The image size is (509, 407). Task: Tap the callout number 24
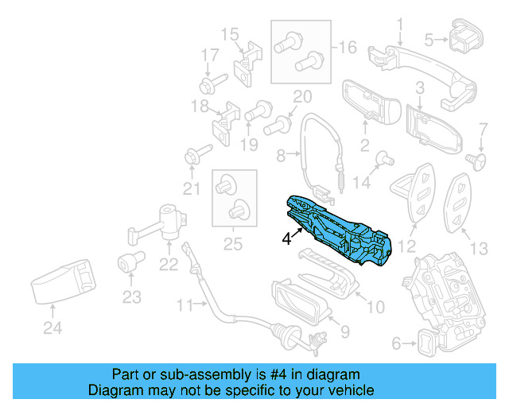click(x=52, y=326)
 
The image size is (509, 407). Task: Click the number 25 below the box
click(x=231, y=244)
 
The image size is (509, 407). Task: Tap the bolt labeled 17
click(x=214, y=81)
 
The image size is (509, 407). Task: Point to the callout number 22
click(x=169, y=264)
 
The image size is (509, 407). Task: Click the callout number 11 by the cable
click(x=185, y=304)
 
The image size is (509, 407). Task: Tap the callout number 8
click(x=280, y=157)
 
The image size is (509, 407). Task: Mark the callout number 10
click(x=375, y=305)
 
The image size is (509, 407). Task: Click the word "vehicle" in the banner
click(x=349, y=390)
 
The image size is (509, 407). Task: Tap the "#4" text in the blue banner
click(x=310, y=374)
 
